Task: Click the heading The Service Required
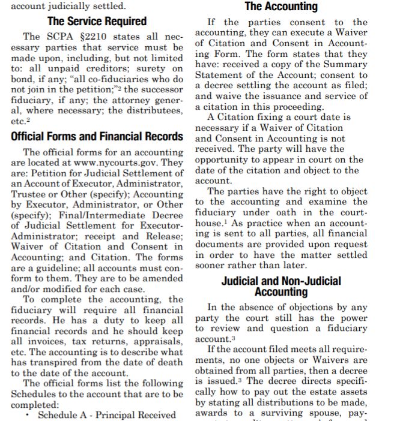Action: [97, 22]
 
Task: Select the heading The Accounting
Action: [281, 7]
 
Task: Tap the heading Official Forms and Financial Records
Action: [97, 136]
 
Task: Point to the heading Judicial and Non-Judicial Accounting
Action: [281, 286]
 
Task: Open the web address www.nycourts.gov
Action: [119, 163]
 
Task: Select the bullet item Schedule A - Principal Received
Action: [107, 414]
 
